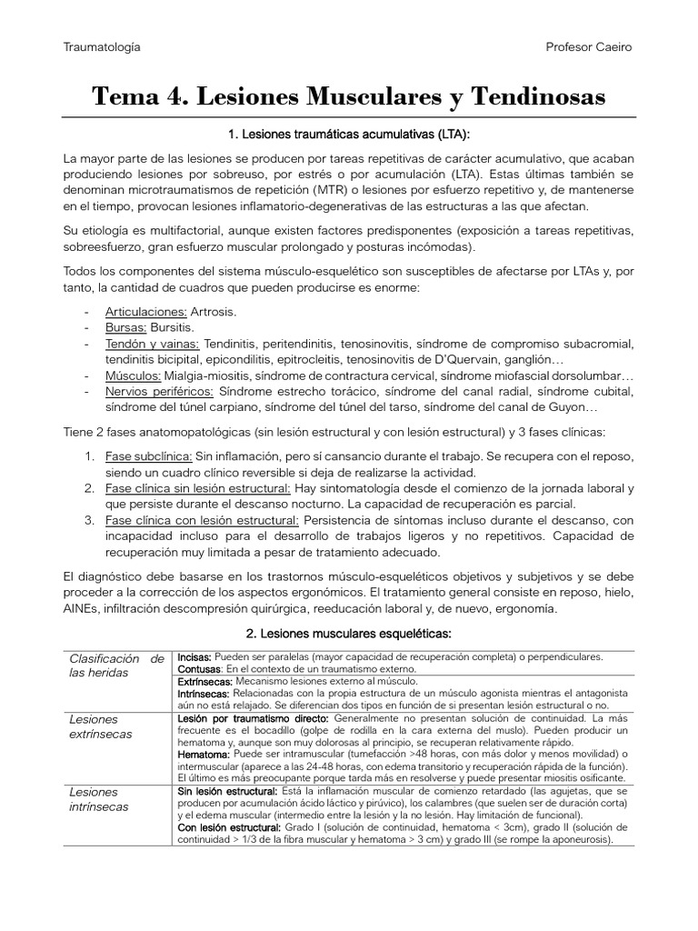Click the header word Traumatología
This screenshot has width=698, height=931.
pyautogui.click(x=102, y=46)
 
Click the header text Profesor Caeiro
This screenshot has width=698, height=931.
pyautogui.click(x=588, y=46)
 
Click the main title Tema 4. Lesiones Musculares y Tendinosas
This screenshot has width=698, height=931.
pyautogui.click(x=349, y=97)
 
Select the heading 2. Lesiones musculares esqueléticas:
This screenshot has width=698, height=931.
pyautogui.click(x=349, y=632)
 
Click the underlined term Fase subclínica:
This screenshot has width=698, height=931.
pyautogui.click(x=148, y=455)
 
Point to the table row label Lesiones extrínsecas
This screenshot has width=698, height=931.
pyautogui.click(x=101, y=726)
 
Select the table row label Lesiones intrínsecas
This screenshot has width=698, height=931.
pyautogui.click(x=99, y=799)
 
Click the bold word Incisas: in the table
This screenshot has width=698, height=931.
pyautogui.click(x=195, y=656)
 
